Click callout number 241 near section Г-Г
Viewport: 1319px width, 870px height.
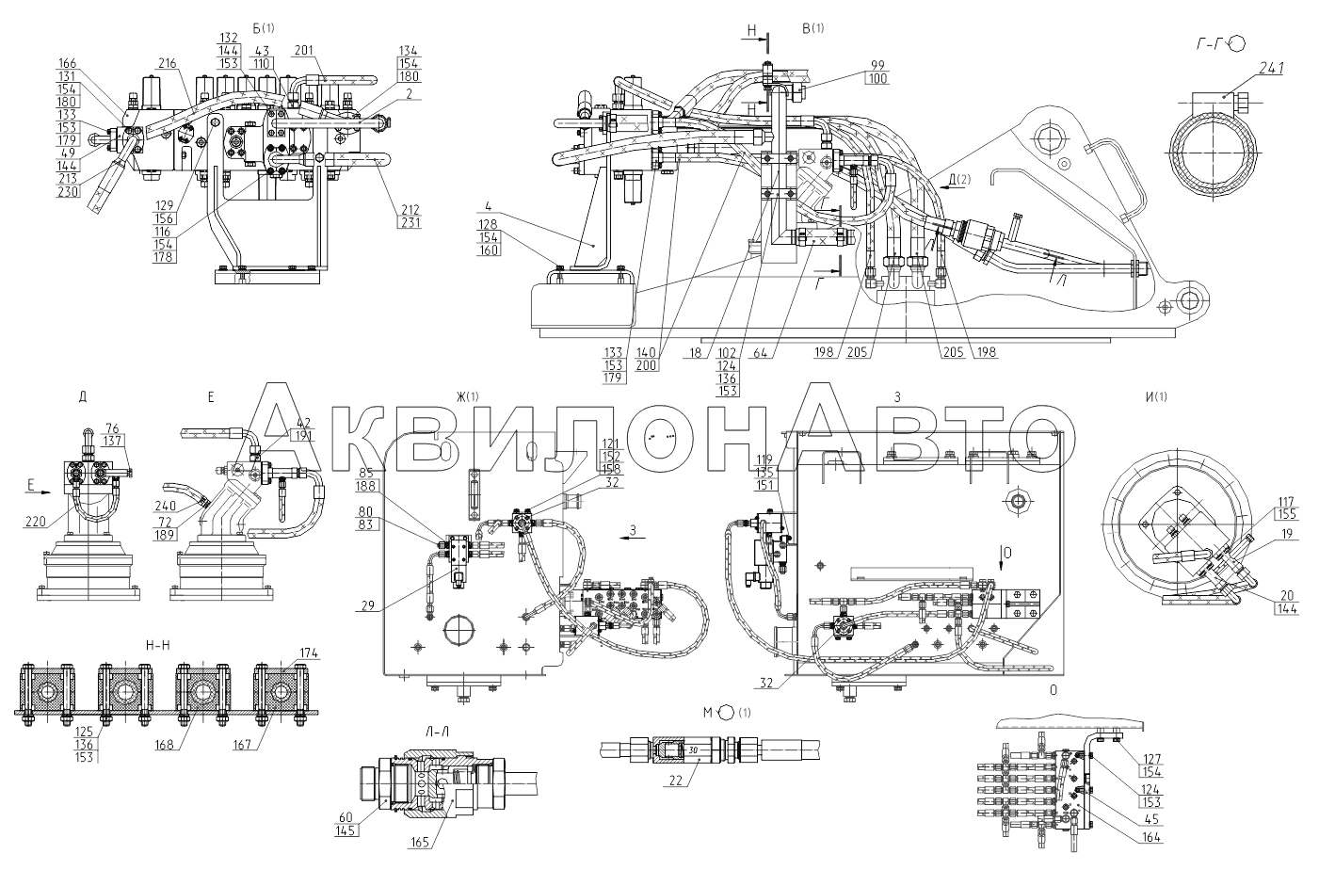1271,70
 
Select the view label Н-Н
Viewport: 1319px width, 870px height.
157,645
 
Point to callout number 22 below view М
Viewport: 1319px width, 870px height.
675,781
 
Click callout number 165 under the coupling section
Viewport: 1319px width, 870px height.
420,843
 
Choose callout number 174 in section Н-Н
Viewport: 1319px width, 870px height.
309,652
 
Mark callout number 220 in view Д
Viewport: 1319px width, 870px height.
36,521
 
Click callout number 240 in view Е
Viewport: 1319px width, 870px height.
166,506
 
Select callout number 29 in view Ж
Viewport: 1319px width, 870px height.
367,605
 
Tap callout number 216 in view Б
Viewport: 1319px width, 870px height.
168,64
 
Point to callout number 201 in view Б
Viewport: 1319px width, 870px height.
303,51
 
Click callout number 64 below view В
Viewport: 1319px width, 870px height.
761,352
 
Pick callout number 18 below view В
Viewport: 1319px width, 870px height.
696,352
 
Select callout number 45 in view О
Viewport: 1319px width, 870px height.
1151,819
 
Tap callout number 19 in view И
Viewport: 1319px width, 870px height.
1286,534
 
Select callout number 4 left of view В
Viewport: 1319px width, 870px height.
488,206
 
